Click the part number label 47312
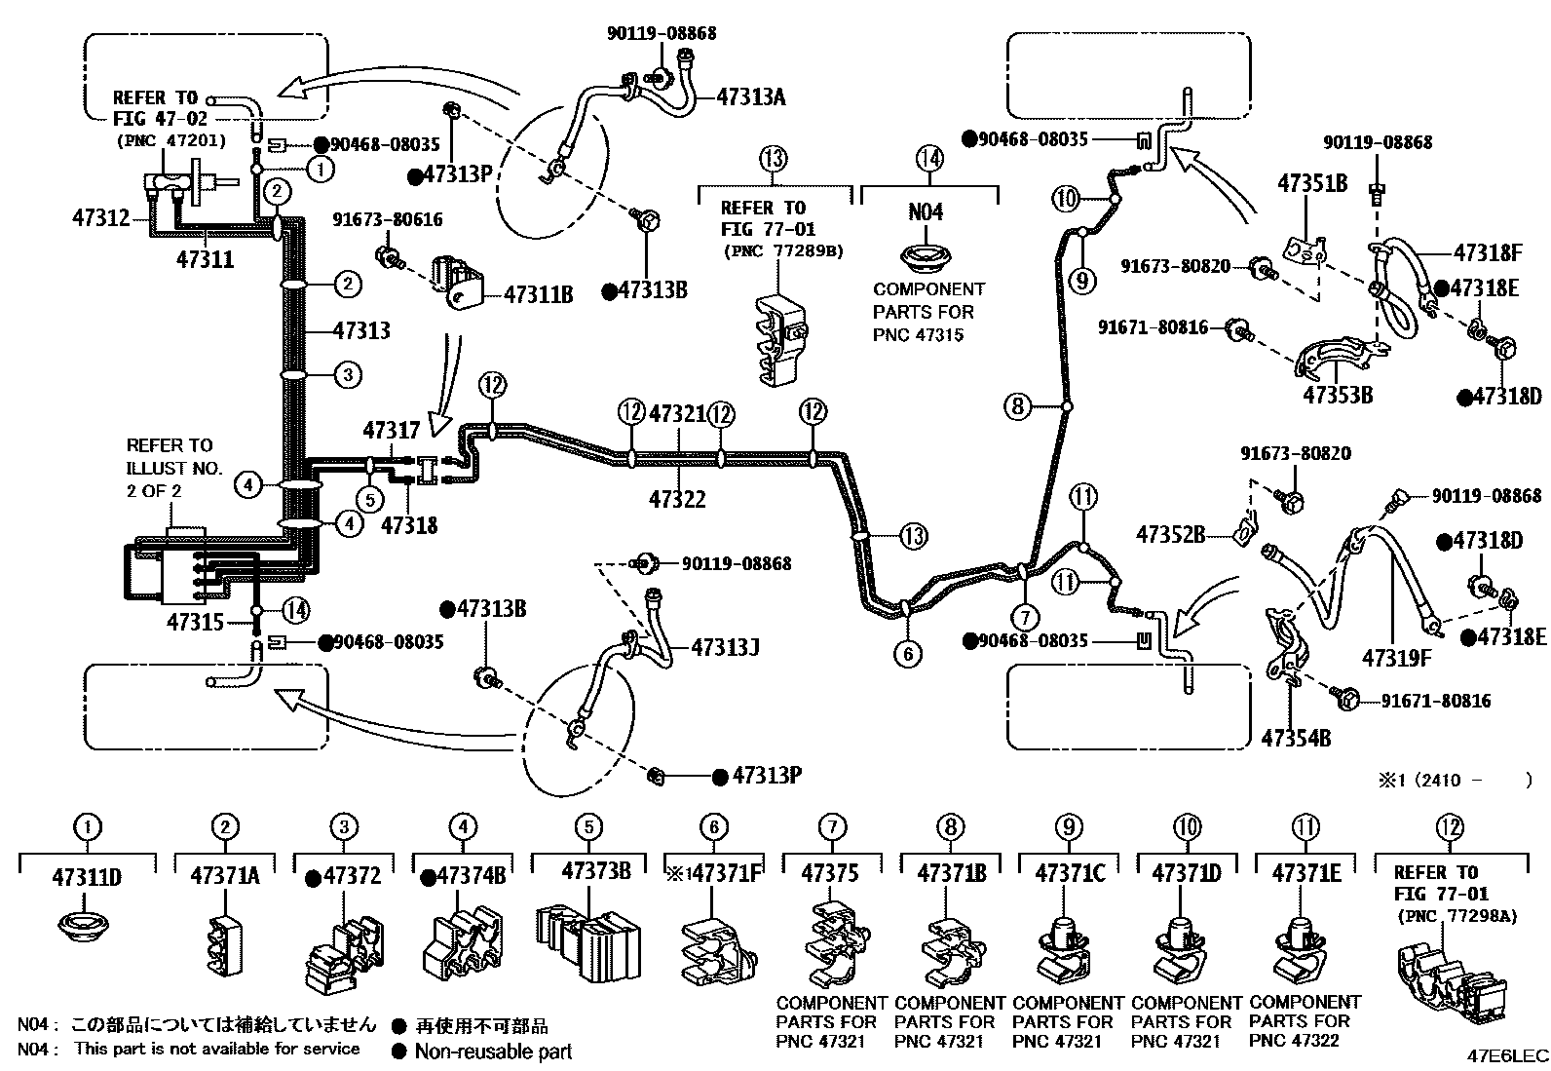pos(100,218)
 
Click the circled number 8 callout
pos(1017,405)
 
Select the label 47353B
pos(1339,396)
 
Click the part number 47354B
pos(1296,738)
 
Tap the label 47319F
pos(1397,658)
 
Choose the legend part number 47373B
pos(596,870)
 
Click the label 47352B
pos(1171,535)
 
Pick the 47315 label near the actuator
pos(195,621)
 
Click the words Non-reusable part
pos(493,1052)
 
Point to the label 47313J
pos(725,647)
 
